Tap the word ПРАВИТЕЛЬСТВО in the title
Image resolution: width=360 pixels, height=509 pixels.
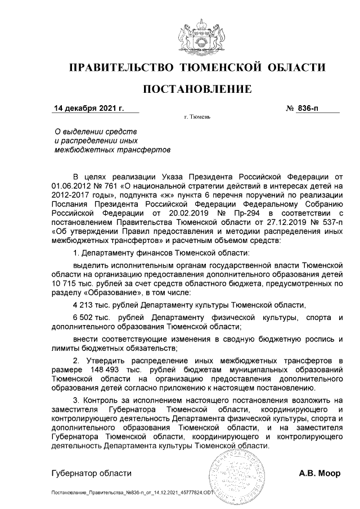(x=120, y=68)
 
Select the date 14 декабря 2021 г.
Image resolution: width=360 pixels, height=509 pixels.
(x=88, y=108)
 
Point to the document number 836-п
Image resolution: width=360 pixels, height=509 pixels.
(x=314, y=108)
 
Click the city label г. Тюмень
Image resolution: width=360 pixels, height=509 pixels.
(x=197, y=118)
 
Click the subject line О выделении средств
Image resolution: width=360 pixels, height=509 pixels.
(x=91, y=131)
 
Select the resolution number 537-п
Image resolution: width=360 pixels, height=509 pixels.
(x=328, y=223)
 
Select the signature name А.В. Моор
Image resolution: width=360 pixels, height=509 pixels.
(x=319, y=473)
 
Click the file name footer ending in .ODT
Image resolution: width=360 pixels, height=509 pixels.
(x=133, y=493)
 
